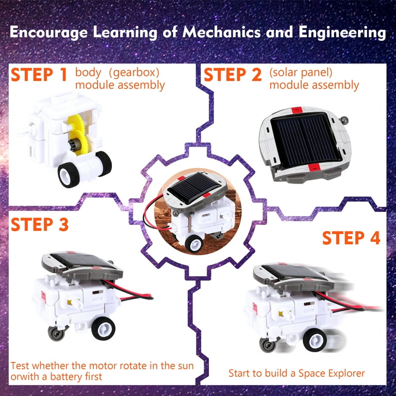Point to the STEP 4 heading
click(351, 238)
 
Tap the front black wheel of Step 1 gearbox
click(69, 175)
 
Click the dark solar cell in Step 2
click(305, 137)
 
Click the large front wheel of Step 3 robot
click(105, 327)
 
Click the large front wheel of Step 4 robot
click(314, 340)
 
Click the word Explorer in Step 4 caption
click(345, 373)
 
